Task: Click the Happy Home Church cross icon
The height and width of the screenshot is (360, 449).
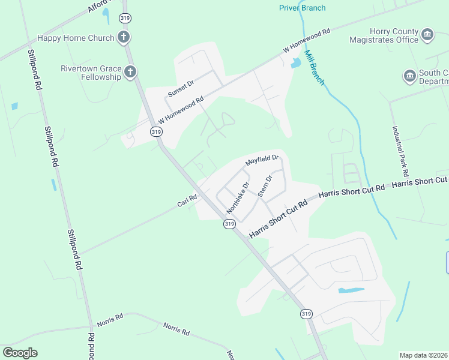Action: (x=124, y=38)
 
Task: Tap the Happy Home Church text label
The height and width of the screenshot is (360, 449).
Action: (x=76, y=38)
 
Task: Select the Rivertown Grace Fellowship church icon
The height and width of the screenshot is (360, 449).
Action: (x=130, y=73)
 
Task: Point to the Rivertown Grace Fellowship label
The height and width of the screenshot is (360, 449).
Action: (x=91, y=73)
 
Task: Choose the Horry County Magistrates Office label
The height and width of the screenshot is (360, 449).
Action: (x=384, y=35)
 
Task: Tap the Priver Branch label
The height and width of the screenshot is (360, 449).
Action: (x=303, y=8)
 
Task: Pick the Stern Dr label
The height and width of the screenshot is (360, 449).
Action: (x=265, y=185)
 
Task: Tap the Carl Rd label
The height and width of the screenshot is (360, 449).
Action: (x=187, y=200)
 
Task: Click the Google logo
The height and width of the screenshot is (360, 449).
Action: (x=20, y=353)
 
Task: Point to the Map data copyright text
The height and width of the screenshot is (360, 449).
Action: (x=424, y=355)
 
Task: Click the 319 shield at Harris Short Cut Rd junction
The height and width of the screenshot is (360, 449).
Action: (x=229, y=224)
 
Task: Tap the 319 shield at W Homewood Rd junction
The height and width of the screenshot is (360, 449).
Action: (x=156, y=131)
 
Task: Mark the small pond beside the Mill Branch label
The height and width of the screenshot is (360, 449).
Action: (x=295, y=63)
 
